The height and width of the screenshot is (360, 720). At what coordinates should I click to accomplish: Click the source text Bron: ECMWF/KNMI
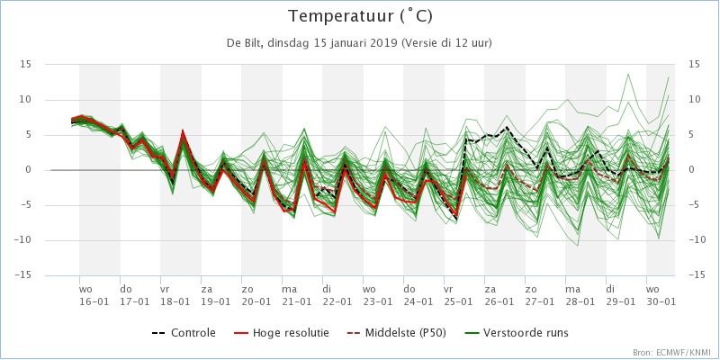pyautogui.click(x=671, y=352)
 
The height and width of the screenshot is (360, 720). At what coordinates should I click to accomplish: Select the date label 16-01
pyautogui.click(x=94, y=302)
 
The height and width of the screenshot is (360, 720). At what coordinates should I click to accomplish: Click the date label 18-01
pyautogui.click(x=175, y=302)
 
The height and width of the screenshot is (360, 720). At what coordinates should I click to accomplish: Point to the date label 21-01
pyautogui.click(x=296, y=302)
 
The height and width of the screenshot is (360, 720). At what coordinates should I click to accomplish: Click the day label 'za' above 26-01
pyautogui.click(x=490, y=290)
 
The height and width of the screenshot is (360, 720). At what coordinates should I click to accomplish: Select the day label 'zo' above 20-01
pyautogui.click(x=247, y=290)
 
